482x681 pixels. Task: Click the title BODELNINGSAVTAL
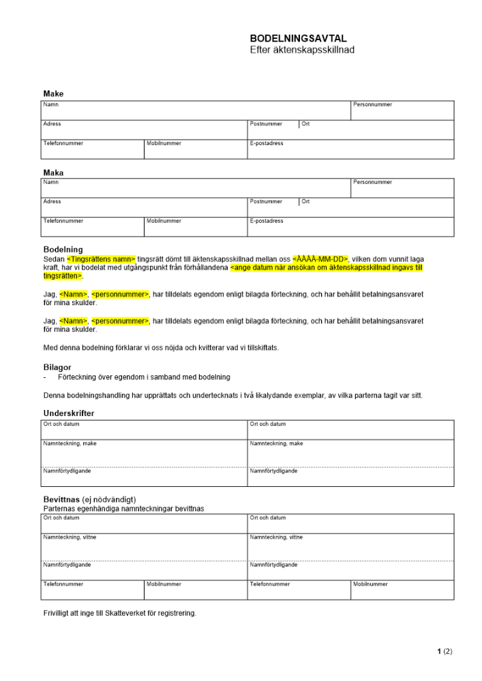point(298,39)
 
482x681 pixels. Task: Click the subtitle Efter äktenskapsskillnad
point(302,50)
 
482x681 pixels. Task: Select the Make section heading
point(53,93)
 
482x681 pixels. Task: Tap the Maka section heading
point(53,173)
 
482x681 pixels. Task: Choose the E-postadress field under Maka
point(350,227)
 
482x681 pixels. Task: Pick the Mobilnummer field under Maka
point(195,227)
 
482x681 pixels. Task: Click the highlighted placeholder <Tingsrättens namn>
point(101,259)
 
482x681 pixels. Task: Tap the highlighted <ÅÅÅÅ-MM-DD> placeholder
point(320,259)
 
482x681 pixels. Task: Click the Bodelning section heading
point(63,250)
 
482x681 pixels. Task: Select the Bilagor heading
point(57,367)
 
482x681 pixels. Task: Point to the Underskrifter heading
point(69,413)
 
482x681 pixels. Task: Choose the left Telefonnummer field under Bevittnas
point(93,590)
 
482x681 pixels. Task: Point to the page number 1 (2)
point(444,651)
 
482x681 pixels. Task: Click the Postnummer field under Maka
point(273,207)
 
